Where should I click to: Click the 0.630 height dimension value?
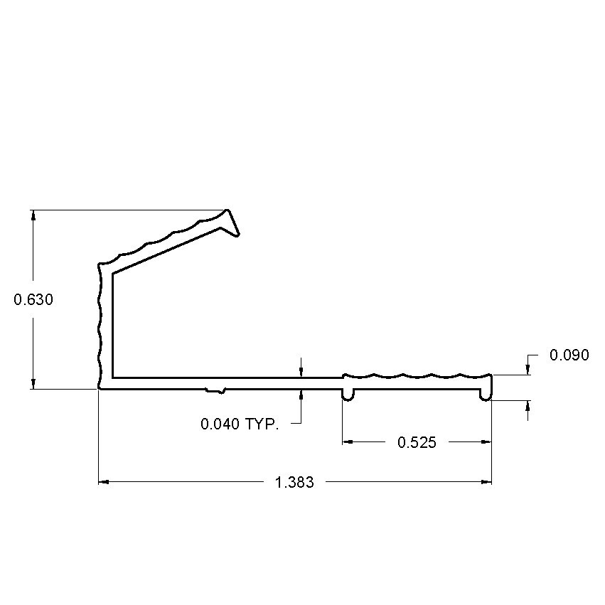33,300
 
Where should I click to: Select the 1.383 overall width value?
294,483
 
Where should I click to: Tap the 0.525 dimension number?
417,443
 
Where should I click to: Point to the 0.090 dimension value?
569,355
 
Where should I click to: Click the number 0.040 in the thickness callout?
220,424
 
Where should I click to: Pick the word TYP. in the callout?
262,424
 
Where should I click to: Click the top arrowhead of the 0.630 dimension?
33,215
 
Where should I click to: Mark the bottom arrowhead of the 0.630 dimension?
33,384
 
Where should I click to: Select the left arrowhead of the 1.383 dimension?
103,483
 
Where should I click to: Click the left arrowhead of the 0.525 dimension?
348,442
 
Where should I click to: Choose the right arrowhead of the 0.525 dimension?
486,442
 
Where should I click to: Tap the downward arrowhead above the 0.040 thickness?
301,372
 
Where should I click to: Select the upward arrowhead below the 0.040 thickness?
301,394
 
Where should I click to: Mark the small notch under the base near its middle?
215,390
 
